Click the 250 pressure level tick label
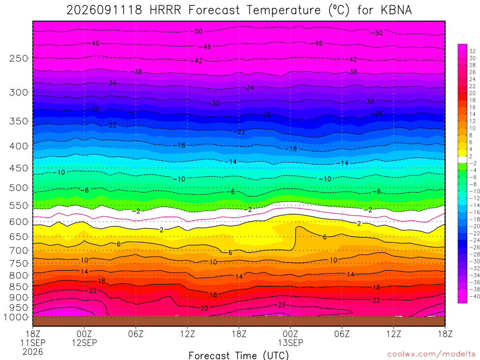coord(19,58)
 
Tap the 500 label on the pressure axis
coord(19,187)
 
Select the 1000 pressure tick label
coord(16,317)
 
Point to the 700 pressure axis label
coord(19,250)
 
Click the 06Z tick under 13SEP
coord(342,333)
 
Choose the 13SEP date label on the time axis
coord(291,343)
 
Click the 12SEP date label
coord(84,343)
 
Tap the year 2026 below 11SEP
coord(33,352)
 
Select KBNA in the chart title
coord(397,10)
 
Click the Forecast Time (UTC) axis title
coord(239,355)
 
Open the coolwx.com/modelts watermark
coord(431,354)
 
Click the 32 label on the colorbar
coord(472,51)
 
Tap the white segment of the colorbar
coord(463,159)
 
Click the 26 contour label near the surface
coord(282,305)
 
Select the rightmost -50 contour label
coord(376,33)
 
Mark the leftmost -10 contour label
coord(59,172)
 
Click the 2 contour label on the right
coord(360,224)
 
